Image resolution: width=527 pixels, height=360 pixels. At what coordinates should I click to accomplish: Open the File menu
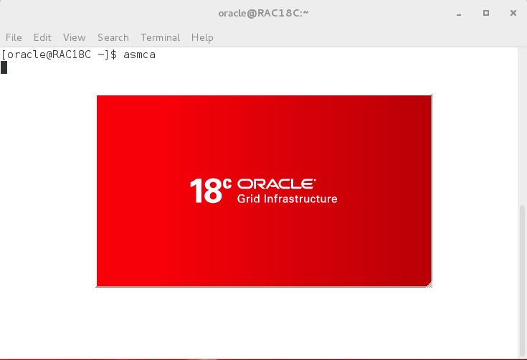(14, 37)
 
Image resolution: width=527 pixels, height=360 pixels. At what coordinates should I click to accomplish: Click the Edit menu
(42, 37)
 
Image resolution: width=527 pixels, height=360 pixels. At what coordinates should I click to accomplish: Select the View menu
(75, 37)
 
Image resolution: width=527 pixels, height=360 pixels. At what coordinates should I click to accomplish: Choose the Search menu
(113, 37)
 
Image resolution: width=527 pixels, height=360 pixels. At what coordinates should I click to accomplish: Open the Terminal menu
(161, 37)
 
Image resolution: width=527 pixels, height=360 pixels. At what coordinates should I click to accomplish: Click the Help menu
(202, 37)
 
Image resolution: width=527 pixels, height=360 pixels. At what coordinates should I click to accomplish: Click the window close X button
(513, 13)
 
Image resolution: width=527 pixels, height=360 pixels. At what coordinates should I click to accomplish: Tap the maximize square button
(486, 13)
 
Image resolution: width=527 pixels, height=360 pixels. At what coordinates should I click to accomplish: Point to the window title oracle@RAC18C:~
(264, 13)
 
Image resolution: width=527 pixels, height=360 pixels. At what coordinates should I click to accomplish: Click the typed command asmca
(140, 55)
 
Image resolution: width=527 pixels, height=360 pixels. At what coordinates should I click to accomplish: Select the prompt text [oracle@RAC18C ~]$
(59, 55)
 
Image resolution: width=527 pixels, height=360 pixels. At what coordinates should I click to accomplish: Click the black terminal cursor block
(4, 67)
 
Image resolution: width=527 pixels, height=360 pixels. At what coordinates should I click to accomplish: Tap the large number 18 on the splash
(206, 191)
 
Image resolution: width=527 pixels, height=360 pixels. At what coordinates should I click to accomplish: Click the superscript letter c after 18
(227, 183)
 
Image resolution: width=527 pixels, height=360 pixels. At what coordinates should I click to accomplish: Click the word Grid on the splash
(249, 199)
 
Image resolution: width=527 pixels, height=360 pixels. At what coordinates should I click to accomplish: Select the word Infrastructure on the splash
(300, 199)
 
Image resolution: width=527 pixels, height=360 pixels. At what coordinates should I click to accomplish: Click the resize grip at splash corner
(429, 285)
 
